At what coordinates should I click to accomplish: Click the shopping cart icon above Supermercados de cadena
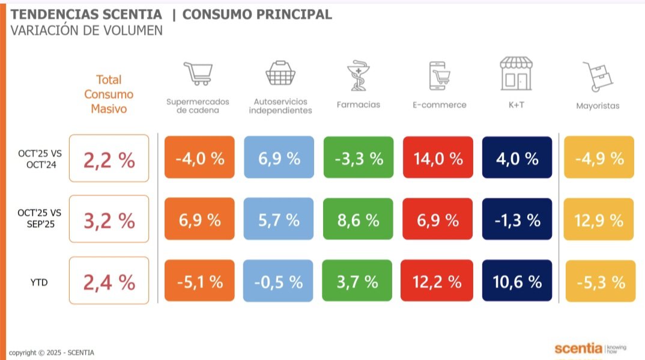coord(199,73)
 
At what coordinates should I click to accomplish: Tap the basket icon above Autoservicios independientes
coord(280,73)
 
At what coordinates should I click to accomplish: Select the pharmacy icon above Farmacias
coord(359,75)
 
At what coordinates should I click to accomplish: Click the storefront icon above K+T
coord(516,74)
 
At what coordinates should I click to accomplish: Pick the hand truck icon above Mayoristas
coord(597,76)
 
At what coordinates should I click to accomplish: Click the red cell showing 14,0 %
coord(438,158)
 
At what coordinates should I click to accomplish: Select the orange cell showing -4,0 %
coord(199,158)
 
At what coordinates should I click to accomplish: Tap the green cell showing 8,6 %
coord(358,219)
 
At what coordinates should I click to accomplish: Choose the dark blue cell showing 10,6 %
coord(516,281)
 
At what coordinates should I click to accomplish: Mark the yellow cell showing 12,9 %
coord(599,219)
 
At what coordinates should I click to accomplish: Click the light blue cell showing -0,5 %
coord(279,281)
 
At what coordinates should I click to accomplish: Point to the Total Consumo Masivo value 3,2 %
coord(109,220)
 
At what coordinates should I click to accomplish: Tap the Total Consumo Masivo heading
coord(109,94)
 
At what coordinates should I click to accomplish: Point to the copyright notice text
coord(52,353)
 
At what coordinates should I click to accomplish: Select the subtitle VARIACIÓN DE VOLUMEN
coord(86,30)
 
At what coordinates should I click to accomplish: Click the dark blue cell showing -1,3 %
coord(516,219)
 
